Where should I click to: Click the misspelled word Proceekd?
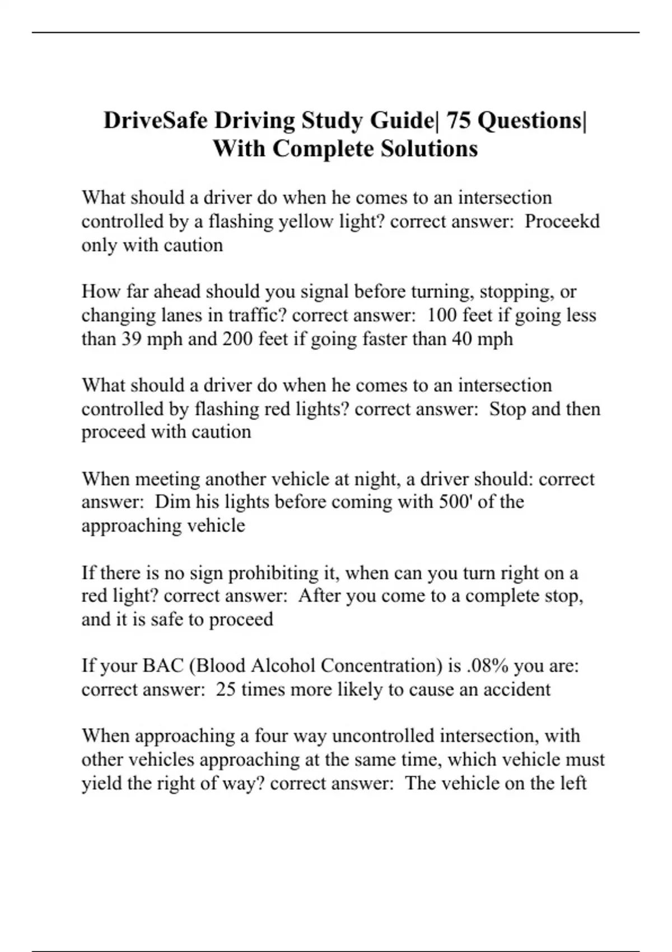[x=562, y=222]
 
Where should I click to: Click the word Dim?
[x=172, y=502]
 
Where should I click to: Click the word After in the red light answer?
[x=319, y=596]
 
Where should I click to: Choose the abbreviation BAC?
[x=163, y=666]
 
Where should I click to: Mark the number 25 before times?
[x=226, y=689]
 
